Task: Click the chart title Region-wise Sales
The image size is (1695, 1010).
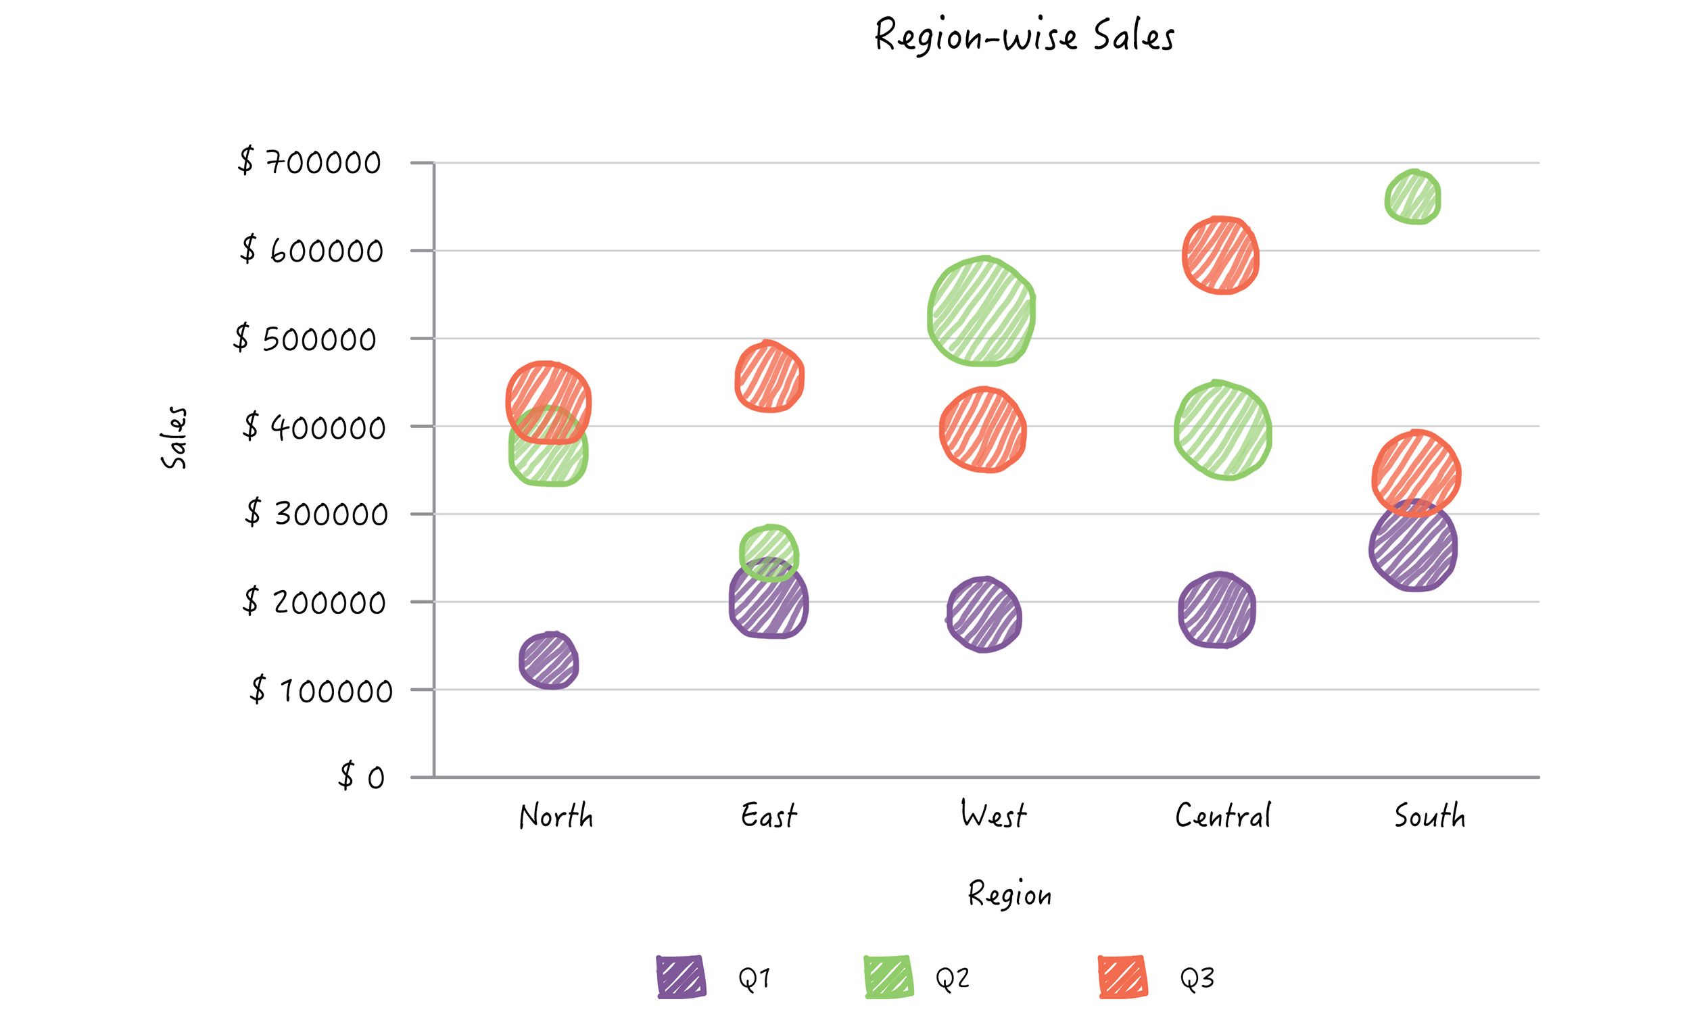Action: point(1024,35)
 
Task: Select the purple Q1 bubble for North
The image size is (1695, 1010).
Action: point(548,661)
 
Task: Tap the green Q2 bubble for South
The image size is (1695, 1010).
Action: point(1412,197)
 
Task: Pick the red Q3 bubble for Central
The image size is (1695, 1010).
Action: point(1220,256)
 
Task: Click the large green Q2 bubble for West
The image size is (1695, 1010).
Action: point(981,312)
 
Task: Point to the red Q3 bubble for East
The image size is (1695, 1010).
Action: point(769,377)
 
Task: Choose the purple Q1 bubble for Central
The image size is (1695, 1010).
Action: point(1216,610)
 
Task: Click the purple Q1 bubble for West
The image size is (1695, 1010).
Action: point(983,615)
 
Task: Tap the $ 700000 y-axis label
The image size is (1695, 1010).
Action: point(310,162)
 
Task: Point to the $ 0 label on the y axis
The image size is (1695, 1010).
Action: point(361,777)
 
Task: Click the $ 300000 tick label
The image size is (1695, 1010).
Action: point(316,513)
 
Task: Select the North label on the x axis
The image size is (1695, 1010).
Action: point(556,815)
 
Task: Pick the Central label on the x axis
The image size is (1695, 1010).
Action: point(1223,815)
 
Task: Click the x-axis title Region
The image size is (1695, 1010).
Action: point(1010,894)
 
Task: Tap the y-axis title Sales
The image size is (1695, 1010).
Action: point(174,437)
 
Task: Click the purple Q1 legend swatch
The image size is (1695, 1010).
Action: point(681,978)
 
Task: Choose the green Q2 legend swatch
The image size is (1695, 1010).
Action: point(888,978)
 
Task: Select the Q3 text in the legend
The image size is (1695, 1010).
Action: point(1197,979)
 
